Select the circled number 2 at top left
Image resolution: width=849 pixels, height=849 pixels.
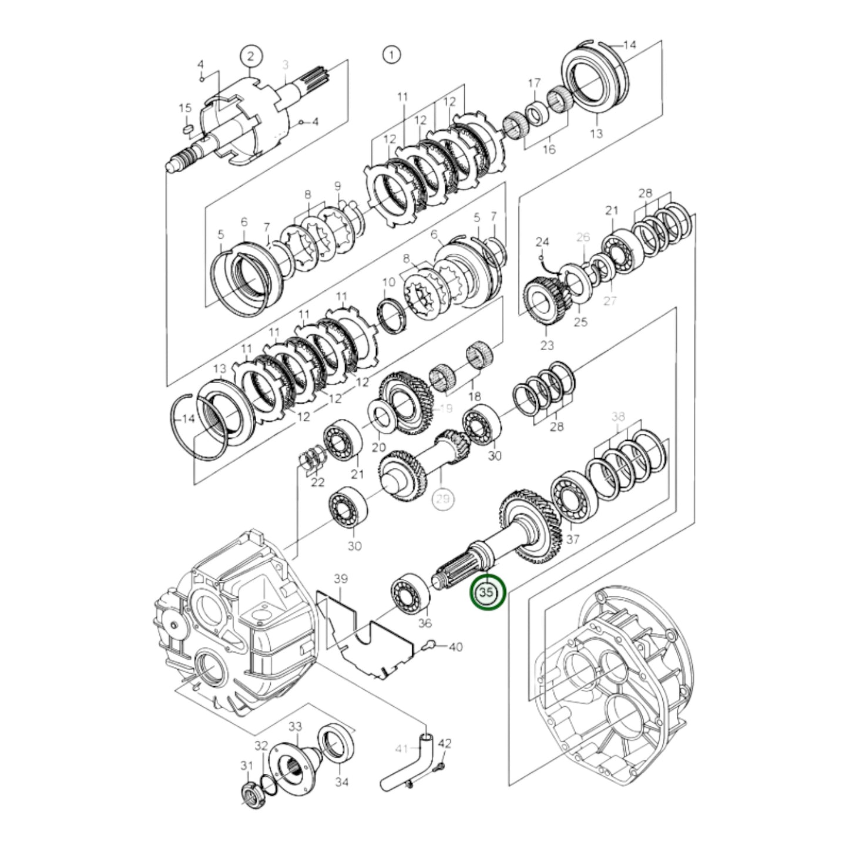coord(250,56)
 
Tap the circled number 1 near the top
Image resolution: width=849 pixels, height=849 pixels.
coord(391,55)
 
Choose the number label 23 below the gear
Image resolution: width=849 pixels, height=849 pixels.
coord(547,345)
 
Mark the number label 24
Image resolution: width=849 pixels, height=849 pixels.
coord(542,241)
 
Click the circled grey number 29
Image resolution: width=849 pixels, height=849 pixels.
coord(444,499)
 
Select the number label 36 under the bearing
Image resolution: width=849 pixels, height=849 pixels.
coord(424,623)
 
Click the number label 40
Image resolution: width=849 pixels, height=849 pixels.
coord(455,647)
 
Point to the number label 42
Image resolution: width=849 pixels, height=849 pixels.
coord(445,744)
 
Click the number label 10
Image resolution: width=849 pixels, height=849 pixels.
coord(388,283)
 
